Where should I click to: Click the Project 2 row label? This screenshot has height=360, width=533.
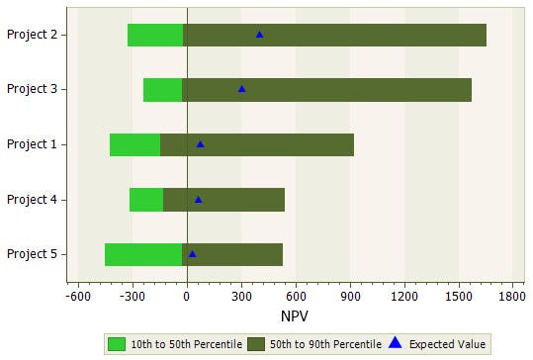pyautogui.click(x=31, y=35)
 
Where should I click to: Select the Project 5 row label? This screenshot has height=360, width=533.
pyautogui.click(x=31, y=254)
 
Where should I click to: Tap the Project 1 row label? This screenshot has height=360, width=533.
pyautogui.click(x=31, y=144)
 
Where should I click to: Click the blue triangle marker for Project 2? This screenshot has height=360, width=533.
pyautogui.click(x=260, y=35)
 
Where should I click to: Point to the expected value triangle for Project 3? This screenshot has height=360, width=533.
pyautogui.click(x=241, y=89)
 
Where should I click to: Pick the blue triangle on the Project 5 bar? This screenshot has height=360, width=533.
pyautogui.click(x=192, y=254)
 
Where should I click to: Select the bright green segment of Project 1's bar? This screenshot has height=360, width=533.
pyautogui.click(x=134, y=144)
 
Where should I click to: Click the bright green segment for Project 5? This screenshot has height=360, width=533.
pyautogui.click(x=143, y=254)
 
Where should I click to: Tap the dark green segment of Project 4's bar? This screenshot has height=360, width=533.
pyautogui.click(x=223, y=200)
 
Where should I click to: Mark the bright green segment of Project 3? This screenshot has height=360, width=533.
pyautogui.click(x=162, y=89)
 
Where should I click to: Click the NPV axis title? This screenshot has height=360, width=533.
pyautogui.click(x=295, y=316)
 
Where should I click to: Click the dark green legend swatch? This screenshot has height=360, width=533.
pyautogui.click(x=255, y=344)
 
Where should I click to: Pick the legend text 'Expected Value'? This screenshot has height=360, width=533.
pyautogui.click(x=448, y=344)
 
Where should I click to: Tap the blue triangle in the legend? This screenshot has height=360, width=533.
pyautogui.click(x=396, y=343)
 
